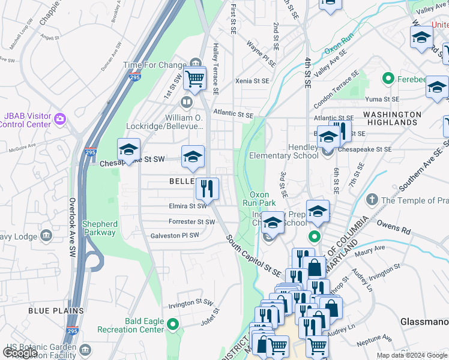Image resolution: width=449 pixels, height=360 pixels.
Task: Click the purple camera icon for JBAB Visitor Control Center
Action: click(59, 119)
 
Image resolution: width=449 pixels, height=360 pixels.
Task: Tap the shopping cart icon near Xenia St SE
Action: click(194, 78)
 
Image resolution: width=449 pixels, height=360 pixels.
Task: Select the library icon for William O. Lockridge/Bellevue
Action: click(187, 103)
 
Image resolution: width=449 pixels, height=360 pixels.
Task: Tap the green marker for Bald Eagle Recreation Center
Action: click(173, 325)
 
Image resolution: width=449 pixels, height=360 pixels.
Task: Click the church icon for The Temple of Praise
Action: click(372, 200)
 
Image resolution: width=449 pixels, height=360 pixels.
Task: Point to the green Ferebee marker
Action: click(388, 78)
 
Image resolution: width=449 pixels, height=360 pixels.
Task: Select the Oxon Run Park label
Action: click(259, 199)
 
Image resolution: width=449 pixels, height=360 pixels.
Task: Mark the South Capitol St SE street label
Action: click(253, 256)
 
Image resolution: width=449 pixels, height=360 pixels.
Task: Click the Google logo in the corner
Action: click(20, 353)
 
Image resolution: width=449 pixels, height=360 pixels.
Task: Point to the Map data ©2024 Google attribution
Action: click(412, 355)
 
